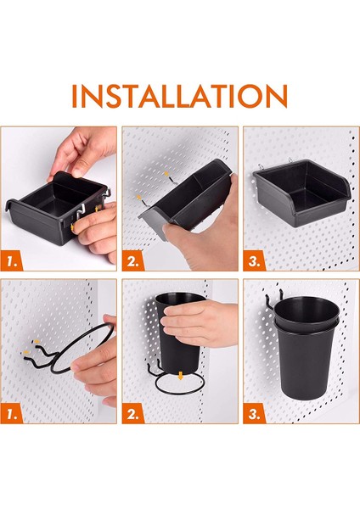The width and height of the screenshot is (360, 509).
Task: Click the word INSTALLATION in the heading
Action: pyautogui.click(x=179, y=95)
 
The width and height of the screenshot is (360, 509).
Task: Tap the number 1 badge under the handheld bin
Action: pyautogui.click(x=15, y=261)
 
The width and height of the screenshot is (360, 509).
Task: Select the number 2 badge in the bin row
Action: pyautogui.click(x=136, y=261)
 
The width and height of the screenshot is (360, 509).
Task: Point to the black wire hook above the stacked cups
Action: pyautogui.click(x=270, y=297)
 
